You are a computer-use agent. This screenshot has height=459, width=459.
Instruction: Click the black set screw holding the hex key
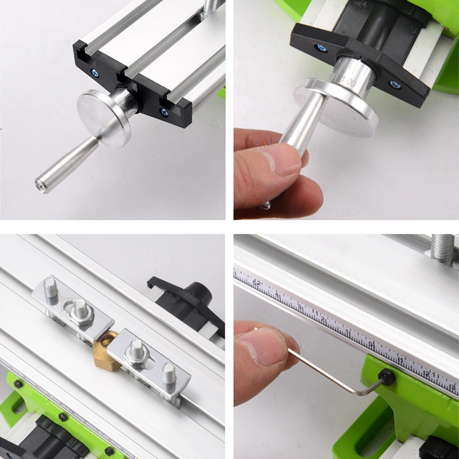pyautogui.click(x=386, y=377)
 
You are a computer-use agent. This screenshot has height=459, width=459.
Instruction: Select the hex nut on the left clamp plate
pyautogui.click(x=81, y=313)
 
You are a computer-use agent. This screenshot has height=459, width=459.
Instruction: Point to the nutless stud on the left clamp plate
pyautogui.click(x=50, y=288)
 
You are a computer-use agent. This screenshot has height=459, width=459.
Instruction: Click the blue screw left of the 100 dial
pyautogui.click(x=322, y=48)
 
